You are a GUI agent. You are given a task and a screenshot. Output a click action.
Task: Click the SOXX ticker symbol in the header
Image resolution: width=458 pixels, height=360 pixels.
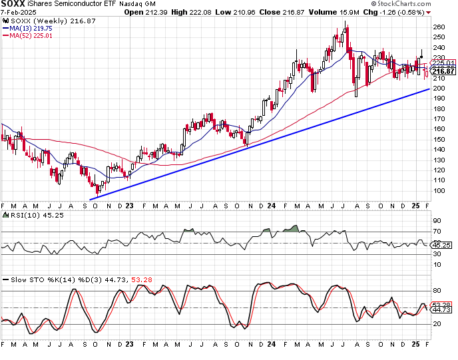tap(14, 4)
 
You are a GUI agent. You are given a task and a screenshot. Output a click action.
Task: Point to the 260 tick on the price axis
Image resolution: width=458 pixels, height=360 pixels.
tap(438, 27)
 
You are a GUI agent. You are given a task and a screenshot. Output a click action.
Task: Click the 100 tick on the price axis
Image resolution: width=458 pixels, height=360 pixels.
tap(438, 191)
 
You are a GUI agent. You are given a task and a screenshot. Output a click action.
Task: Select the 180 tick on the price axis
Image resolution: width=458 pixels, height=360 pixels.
tap(438, 109)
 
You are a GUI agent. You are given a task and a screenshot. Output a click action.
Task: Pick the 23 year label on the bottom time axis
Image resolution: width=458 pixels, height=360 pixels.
tap(129, 345)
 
